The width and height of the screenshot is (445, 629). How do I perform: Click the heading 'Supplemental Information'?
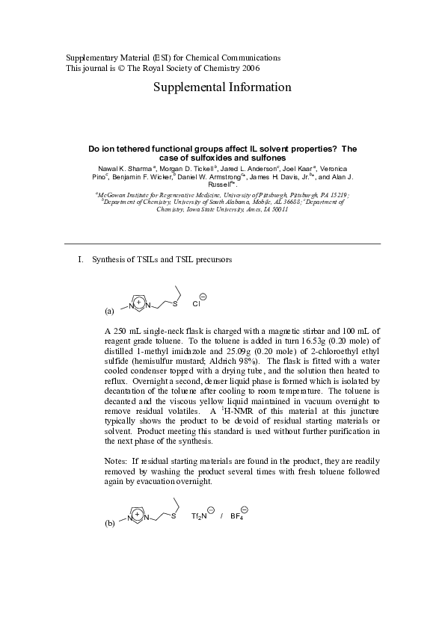222,87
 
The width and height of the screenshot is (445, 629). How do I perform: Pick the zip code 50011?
277,210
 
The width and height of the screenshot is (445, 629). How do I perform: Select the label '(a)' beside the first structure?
110,310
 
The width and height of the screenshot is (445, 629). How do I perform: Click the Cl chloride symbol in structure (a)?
197,304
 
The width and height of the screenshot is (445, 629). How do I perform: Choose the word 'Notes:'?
117,462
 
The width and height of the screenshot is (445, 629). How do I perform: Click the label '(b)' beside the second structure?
110,524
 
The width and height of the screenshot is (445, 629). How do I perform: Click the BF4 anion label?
237,516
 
